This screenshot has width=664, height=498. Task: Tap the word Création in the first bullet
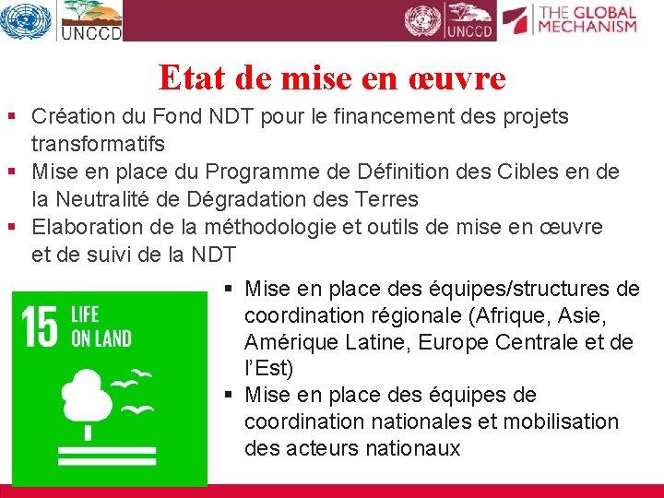(x=71, y=117)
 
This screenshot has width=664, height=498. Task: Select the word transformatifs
(x=98, y=144)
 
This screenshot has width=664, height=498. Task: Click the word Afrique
(x=511, y=315)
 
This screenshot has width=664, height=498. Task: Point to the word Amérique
(x=288, y=342)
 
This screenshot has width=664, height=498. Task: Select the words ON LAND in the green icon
(x=101, y=338)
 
